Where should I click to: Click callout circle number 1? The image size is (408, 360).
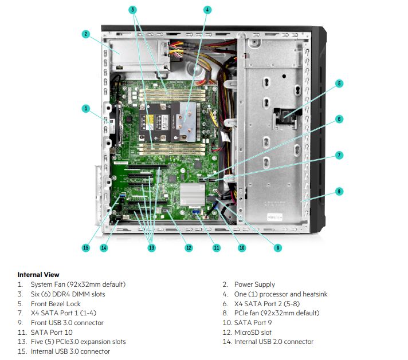point(85,108)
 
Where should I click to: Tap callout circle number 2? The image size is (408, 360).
point(85,34)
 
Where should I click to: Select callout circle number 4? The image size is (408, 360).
point(207,10)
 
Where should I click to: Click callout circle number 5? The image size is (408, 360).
point(339,84)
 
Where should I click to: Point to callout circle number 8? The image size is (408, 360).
point(339,191)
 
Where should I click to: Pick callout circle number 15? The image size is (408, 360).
point(85,248)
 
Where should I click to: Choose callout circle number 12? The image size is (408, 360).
point(189,248)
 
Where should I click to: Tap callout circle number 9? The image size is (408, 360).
point(277,248)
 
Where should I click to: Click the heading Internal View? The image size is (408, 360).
point(38,275)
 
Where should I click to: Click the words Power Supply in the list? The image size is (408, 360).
point(254,284)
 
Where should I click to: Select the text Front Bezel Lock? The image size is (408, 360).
point(56,304)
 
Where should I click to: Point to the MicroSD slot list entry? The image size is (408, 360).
point(253,333)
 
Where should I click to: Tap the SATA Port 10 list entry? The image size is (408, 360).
point(52,333)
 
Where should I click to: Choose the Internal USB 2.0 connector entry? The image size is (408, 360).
point(274,342)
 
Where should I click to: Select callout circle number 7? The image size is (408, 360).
point(339,155)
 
